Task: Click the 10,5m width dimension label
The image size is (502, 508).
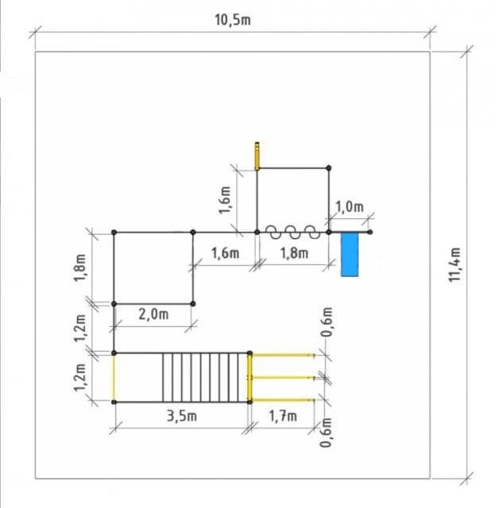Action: click(x=233, y=20)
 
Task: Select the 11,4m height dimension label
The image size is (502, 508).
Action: click(x=454, y=264)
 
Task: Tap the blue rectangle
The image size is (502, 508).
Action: click(x=349, y=255)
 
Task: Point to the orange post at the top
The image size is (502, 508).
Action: click(x=257, y=156)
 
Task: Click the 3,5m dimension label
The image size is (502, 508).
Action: click(x=182, y=416)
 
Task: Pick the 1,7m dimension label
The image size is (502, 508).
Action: click(x=283, y=416)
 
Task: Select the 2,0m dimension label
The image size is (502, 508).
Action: click(x=153, y=314)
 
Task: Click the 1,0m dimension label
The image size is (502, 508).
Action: click(x=349, y=206)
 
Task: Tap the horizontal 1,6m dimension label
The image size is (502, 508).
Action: click(x=226, y=253)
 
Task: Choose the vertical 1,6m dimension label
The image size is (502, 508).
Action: click(x=225, y=200)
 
